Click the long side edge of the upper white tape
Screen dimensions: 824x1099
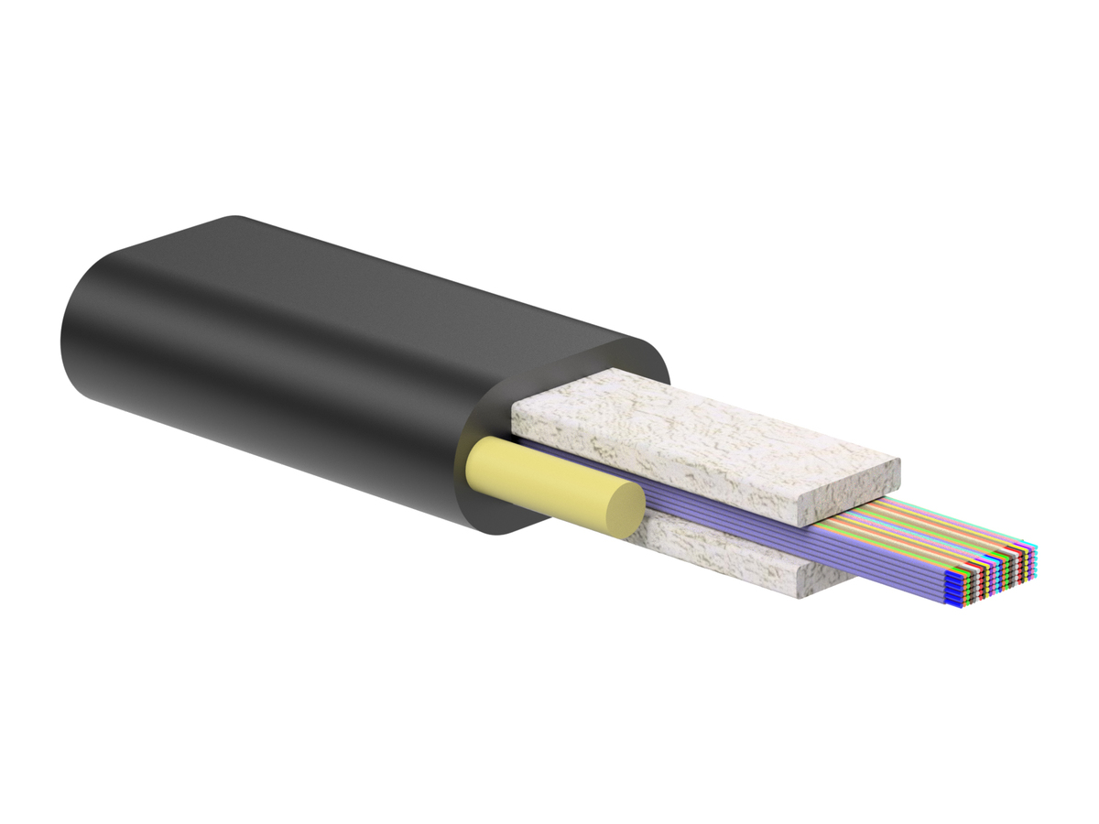[659, 467]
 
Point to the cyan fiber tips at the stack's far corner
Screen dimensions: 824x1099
[1034, 549]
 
